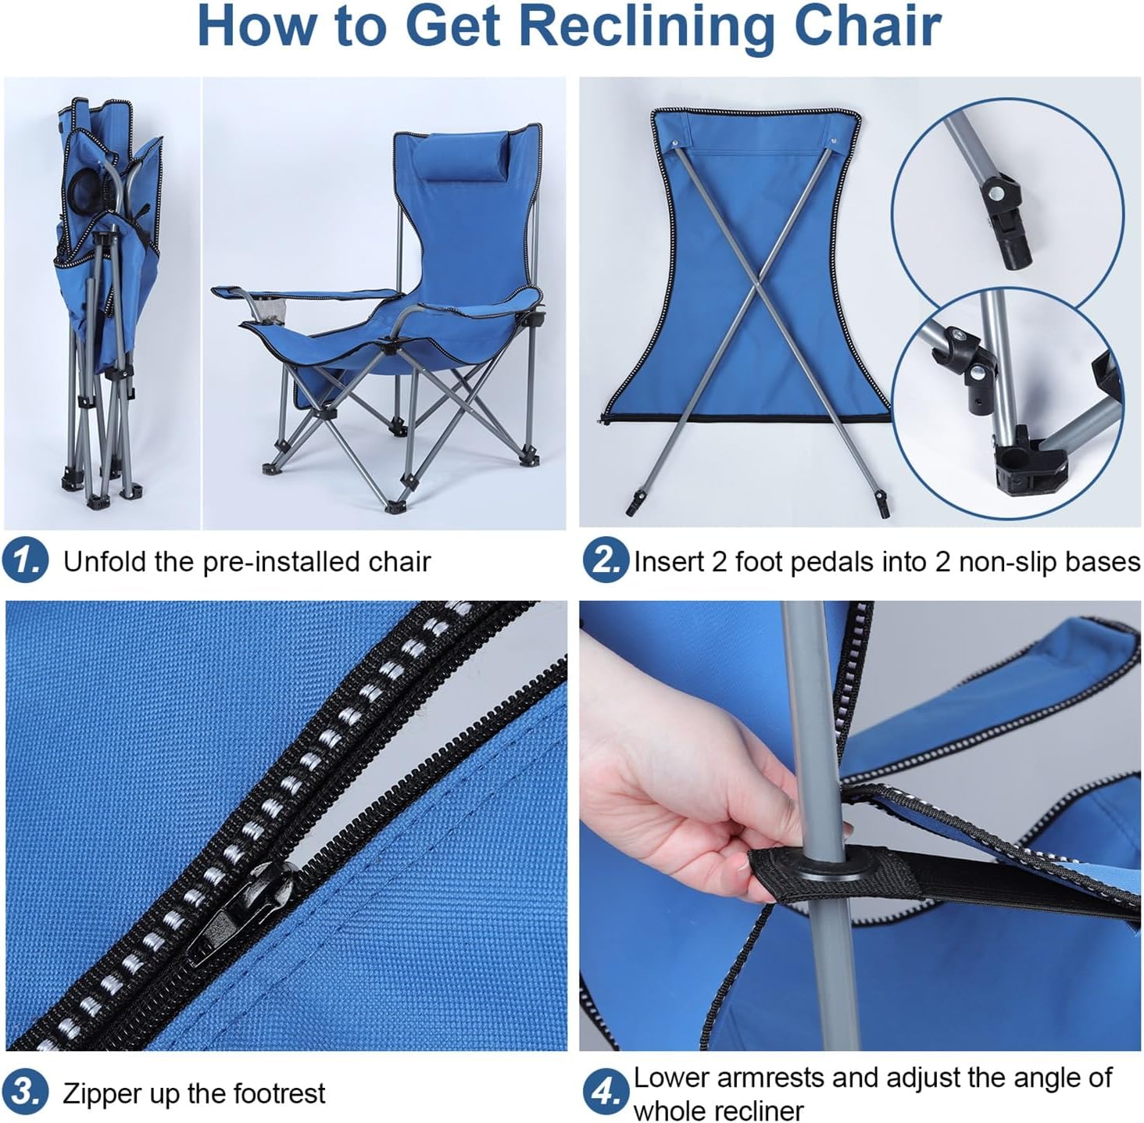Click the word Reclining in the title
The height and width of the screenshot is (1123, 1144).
coord(648,27)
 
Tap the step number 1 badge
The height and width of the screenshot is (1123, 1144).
coord(25,561)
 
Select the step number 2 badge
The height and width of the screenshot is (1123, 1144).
coord(605,561)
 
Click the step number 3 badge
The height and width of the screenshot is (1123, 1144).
coord(25,1092)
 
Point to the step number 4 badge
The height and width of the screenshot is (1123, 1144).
coord(605,1092)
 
